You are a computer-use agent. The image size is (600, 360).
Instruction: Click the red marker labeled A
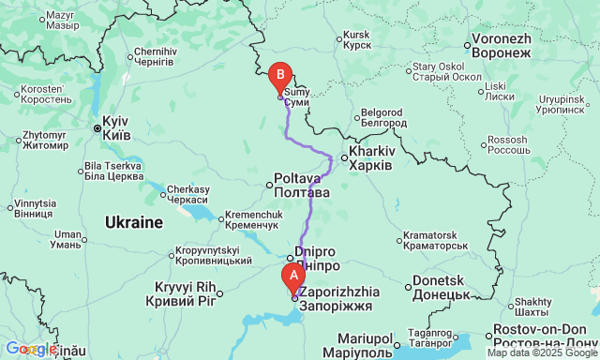click(292, 277)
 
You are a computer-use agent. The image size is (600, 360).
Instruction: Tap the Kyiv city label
click(114, 128)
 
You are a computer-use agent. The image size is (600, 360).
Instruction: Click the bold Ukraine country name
click(133, 223)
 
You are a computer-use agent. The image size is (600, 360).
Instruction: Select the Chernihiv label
click(155, 56)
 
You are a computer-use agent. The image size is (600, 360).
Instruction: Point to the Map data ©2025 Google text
click(542, 353)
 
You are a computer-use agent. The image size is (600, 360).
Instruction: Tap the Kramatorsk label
click(434, 240)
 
